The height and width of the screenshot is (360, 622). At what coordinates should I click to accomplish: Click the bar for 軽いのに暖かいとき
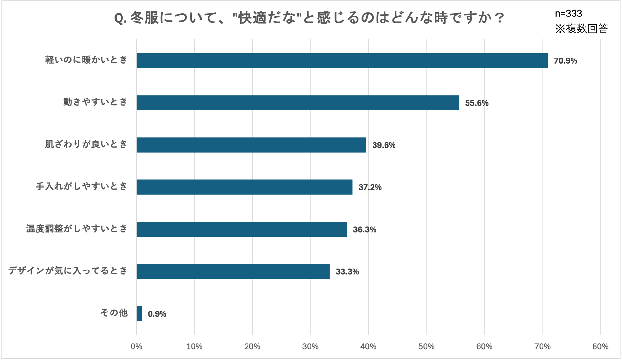tap(342, 60)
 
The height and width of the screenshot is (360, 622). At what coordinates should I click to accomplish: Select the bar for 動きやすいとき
tap(297, 103)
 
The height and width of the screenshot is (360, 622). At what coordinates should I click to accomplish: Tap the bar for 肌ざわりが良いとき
tap(251, 145)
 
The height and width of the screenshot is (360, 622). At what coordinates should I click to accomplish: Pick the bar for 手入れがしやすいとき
tap(244, 187)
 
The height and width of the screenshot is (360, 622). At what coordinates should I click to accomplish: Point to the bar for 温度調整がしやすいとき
tap(241, 229)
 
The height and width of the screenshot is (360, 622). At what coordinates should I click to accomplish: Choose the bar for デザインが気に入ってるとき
tap(233, 271)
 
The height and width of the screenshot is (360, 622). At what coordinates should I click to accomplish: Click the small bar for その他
tap(139, 313)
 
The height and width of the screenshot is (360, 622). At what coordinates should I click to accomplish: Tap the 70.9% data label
tap(565, 61)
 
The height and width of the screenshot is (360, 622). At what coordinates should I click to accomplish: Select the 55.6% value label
tap(476, 103)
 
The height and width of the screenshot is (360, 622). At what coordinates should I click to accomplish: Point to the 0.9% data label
tap(157, 314)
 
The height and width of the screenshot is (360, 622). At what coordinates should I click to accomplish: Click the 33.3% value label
tap(347, 271)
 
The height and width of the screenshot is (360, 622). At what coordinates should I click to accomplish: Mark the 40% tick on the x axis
tap(368, 346)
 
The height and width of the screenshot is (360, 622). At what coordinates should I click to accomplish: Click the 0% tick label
tap(136, 346)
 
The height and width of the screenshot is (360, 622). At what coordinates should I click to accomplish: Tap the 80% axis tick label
tap(600, 346)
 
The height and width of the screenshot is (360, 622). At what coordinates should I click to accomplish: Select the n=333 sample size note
tap(568, 13)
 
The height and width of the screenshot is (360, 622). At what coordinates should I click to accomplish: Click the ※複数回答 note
tap(582, 28)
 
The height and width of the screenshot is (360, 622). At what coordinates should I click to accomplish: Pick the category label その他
tap(114, 313)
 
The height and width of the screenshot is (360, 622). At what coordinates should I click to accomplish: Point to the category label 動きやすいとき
tap(95, 102)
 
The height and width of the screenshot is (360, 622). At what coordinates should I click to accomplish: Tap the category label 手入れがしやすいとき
tap(81, 186)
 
